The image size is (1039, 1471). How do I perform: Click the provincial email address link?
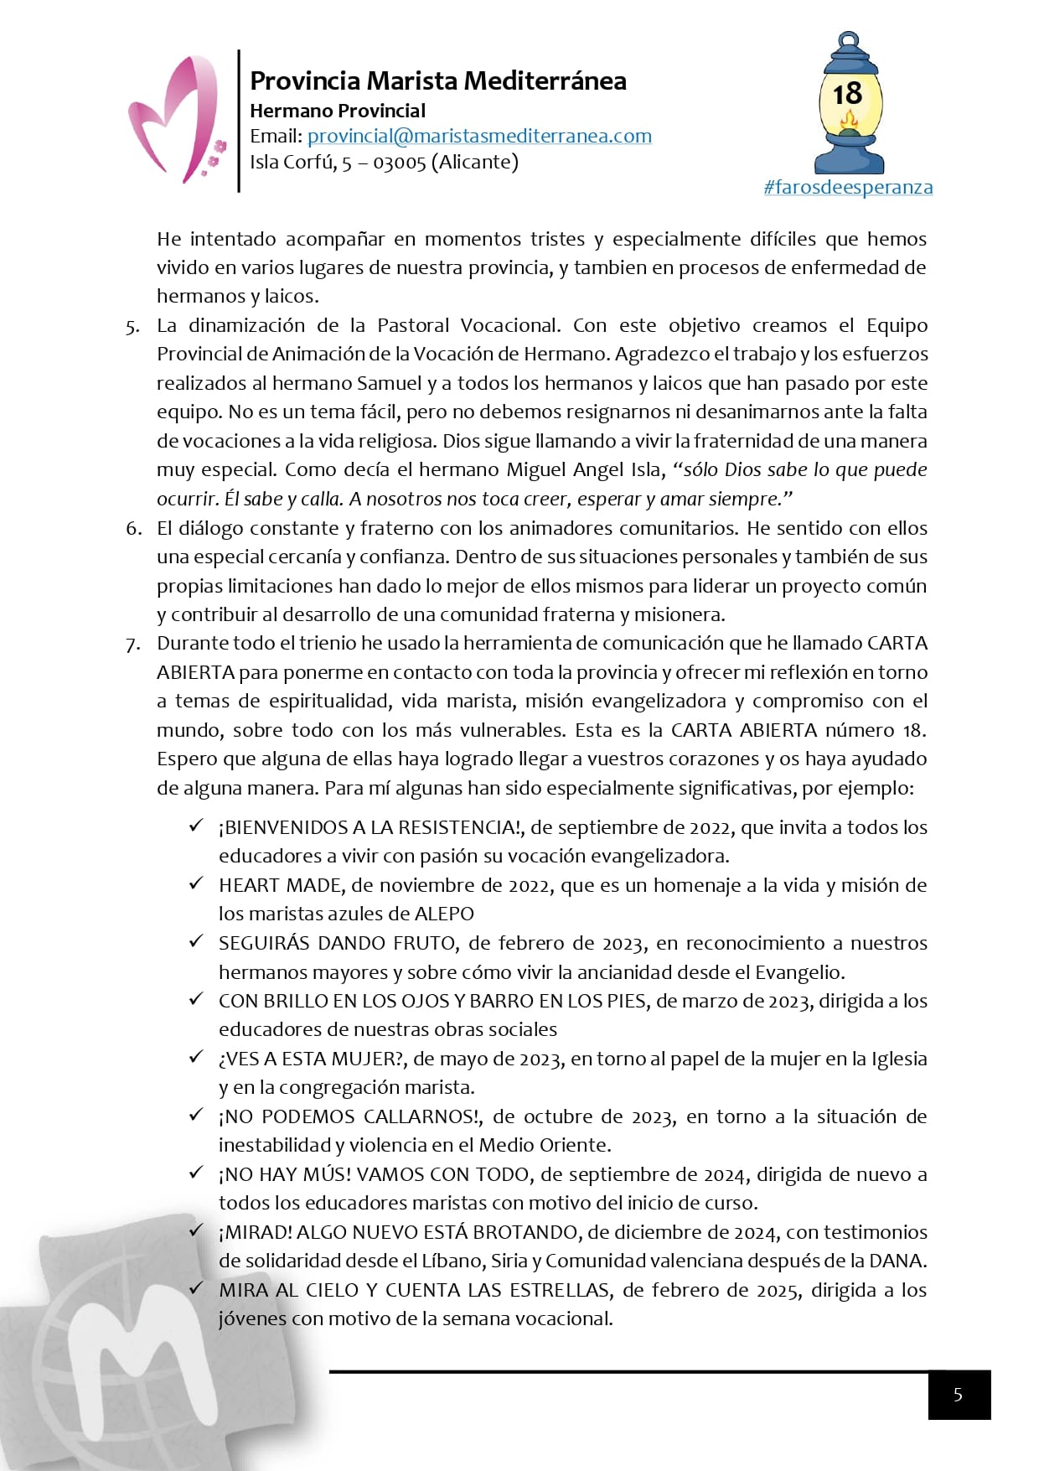click(479, 136)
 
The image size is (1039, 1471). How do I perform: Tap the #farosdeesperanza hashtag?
click(848, 187)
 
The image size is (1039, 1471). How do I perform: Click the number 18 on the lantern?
click(847, 93)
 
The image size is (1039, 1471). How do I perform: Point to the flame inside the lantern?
click(849, 123)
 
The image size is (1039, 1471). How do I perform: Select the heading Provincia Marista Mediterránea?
click(438, 80)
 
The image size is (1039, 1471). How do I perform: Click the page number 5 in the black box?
click(959, 1395)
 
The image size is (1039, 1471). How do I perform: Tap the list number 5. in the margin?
click(133, 327)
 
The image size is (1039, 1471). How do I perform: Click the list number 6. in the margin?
click(133, 529)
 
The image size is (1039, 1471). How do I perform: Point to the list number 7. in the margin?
click(133, 645)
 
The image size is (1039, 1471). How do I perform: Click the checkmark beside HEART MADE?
click(196, 883)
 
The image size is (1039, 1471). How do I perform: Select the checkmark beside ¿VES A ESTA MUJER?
click(196, 1057)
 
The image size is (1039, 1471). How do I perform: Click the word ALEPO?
click(443, 914)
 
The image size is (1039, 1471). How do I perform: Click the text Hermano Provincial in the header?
click(338, 111)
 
